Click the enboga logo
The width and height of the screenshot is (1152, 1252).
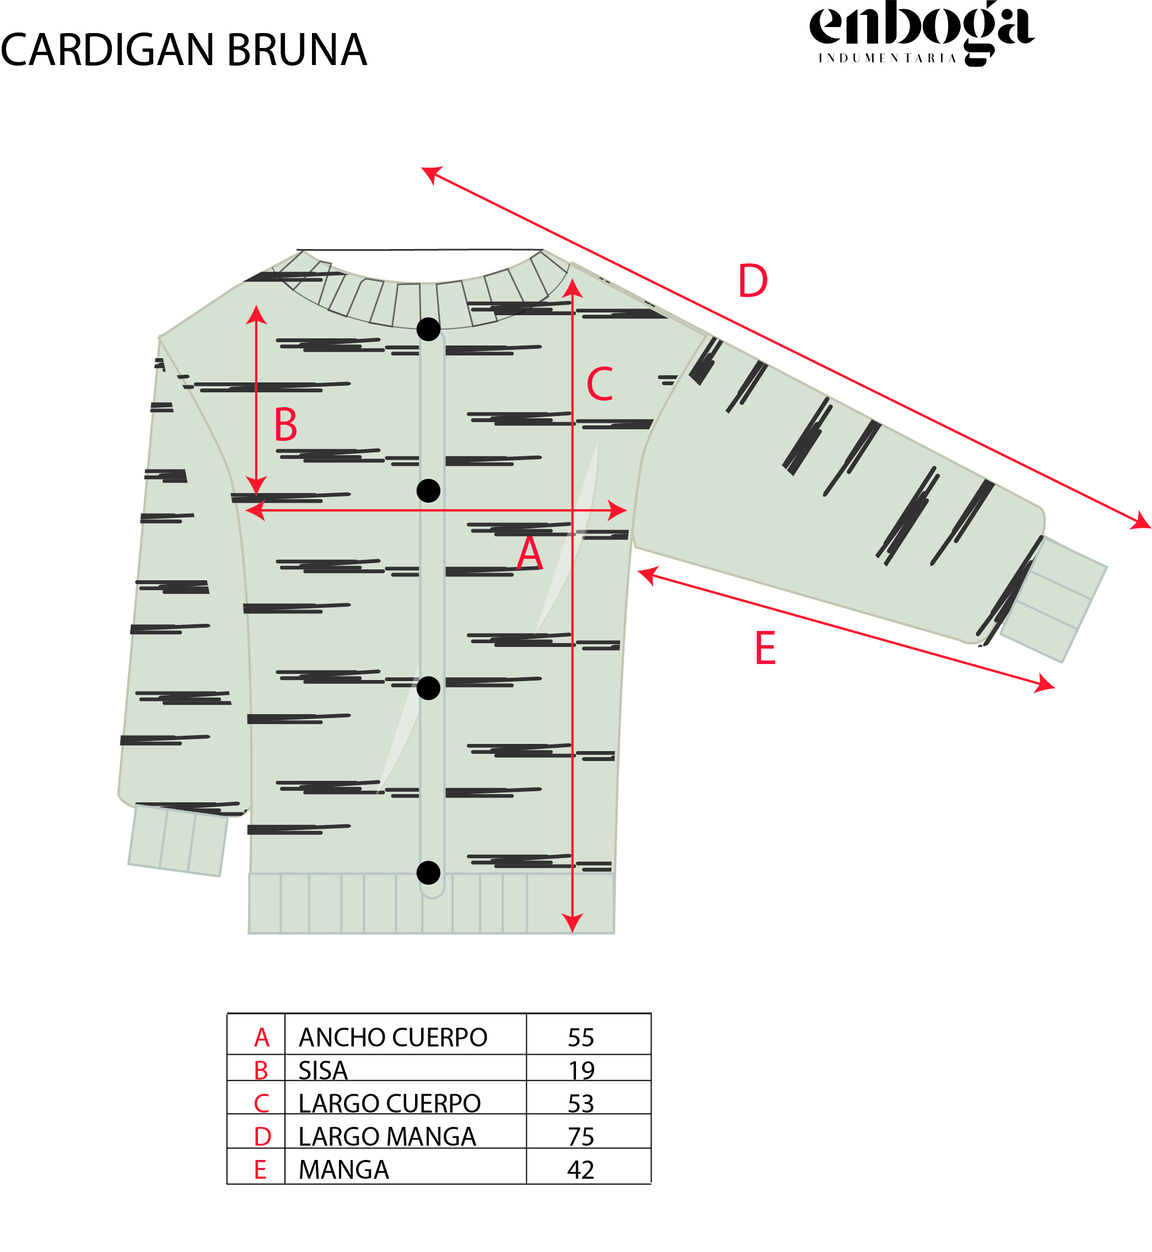(x=922, y=33)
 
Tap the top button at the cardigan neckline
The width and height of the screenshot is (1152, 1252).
(x=428, y=329)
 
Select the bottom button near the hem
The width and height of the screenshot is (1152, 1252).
(x=428, y=872)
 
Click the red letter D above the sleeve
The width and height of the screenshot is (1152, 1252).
(x=752, y=281)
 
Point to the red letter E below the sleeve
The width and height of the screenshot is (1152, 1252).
(x=765, y=648)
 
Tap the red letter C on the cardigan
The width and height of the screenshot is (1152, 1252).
(x=600, y=384)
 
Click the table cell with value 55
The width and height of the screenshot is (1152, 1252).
(x=581, y=1038)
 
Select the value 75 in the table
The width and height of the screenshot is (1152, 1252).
(x=581, y=1137)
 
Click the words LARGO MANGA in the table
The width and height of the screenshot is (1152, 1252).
(x=387, y=1137)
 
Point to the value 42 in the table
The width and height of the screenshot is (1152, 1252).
(x=581, y=1170)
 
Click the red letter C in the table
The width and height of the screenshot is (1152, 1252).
(x=261, y=1104)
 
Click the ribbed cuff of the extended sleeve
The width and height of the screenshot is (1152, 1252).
(x=1054, y=599)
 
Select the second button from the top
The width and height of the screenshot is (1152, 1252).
(x=428, y=491)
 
